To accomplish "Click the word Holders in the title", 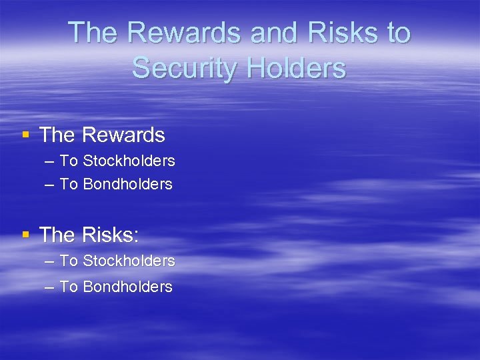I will coord(297,68).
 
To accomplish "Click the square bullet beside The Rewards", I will coord(26,135).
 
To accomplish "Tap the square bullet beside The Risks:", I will coord(26,234).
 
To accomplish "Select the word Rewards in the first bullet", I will coord(123,135).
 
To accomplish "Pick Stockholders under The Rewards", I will coord(129,161).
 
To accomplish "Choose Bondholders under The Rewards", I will coord(127,184).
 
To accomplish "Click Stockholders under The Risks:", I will coord(129,261).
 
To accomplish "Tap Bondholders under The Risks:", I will coord(127,287).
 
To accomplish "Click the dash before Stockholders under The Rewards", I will coord(49,161).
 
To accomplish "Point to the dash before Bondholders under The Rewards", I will coord(49,185).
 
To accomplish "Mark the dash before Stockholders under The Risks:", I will coord(49,261).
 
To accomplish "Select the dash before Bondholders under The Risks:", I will coord(49,287).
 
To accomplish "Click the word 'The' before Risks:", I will coord(57,235).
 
